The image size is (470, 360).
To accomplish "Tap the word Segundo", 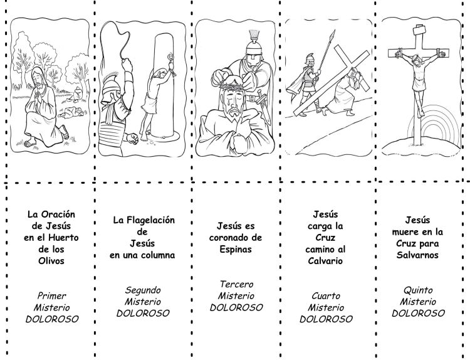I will point(143,290).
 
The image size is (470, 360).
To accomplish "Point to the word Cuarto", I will point(326,295).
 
